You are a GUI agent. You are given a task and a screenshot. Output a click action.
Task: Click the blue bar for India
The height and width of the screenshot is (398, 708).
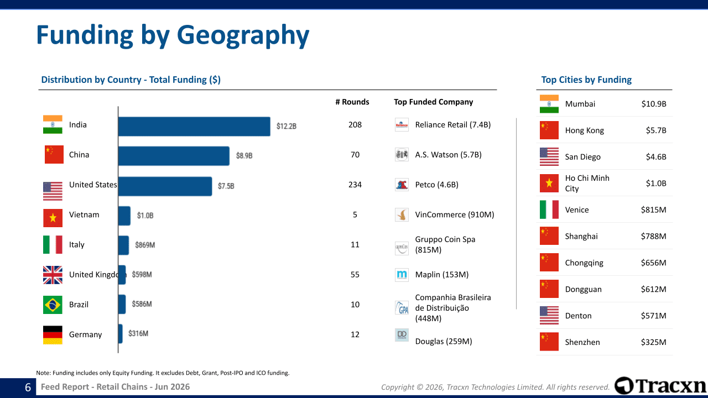(x=194, y=127)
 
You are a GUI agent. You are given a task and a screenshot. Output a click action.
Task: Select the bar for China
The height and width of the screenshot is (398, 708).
(x=174, y=156)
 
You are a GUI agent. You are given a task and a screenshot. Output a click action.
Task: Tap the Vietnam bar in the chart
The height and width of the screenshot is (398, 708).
(x=124, y=216)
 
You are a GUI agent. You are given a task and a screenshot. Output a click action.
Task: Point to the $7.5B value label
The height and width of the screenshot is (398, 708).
(x=226, y=186)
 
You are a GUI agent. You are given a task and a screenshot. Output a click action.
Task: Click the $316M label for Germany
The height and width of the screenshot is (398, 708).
(x=138, y=333)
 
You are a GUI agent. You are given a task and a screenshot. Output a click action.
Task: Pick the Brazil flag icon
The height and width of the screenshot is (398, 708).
(x=53, y=305)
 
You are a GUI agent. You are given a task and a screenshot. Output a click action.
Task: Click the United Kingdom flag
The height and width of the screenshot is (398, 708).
(x=53, y=275)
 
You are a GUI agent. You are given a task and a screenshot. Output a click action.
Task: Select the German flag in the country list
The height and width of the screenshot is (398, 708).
(x=53, y=335)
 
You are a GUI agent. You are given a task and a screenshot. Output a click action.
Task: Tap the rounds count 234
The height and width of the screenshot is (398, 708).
(x=355, y=185)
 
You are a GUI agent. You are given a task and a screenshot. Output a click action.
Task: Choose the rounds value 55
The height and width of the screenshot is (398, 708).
(x=355, y=275)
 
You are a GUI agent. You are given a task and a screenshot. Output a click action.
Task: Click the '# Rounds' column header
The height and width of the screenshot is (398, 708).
(x=352, y=102)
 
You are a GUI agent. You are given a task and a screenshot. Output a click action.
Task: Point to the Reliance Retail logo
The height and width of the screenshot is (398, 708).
(x=402, y=125)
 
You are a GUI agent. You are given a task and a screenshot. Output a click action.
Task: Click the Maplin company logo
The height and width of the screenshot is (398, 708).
(x=402, y=275)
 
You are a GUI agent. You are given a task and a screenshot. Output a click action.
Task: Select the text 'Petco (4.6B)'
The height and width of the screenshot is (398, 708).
(x=436, y=185)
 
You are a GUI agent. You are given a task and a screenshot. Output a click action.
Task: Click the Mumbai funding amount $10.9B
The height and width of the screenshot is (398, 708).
(x=654, y=104)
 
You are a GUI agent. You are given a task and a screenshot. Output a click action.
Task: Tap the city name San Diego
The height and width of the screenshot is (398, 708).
(x=582, y=157)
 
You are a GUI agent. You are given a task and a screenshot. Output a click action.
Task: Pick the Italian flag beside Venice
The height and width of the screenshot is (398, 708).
(x=549, y=210)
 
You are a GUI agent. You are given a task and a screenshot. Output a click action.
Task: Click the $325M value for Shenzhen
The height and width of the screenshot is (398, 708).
(x=653, y=342)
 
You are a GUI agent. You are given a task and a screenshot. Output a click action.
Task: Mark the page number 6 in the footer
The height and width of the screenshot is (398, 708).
(x=28, y=387)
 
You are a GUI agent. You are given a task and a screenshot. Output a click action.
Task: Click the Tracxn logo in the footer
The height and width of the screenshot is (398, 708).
(x=660, y=386)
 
